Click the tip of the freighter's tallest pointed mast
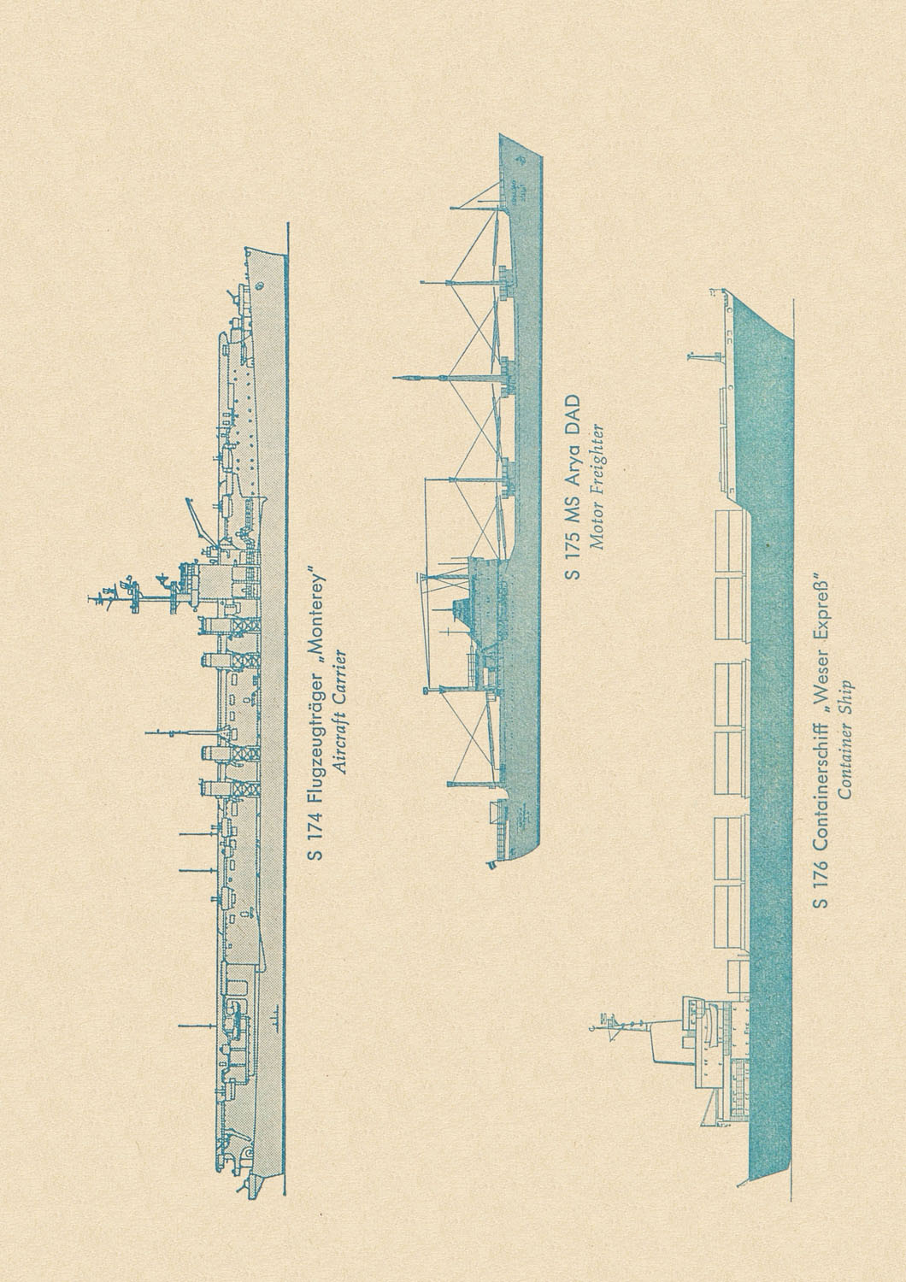(x=394, y=378)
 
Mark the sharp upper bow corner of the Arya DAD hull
(x=499, y=134)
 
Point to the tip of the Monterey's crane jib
(x=186, y=498)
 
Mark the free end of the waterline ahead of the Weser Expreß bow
(x=793, y=298)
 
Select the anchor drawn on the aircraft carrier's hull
(x=261, y=285)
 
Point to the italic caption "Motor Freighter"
(x=597, y=485)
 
